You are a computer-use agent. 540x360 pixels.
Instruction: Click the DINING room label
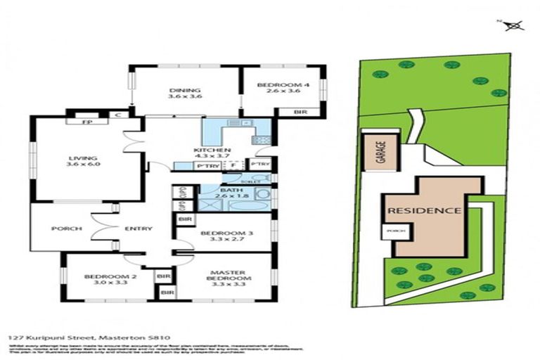tap(185, 90)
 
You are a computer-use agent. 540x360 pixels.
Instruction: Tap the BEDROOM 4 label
tap(278, 85)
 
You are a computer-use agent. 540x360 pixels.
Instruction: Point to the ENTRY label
tap(135, 229)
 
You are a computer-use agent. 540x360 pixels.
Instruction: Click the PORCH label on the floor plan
tap(67, 229)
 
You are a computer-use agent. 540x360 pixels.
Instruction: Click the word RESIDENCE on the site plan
tap(424, 210)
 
